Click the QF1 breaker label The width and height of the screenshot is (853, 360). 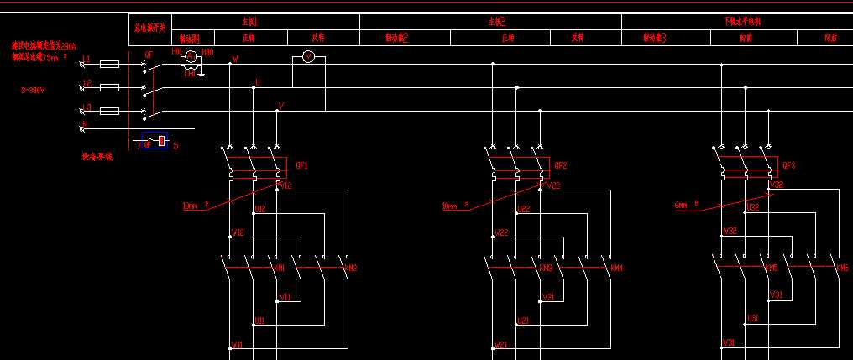click(x=302, y=165)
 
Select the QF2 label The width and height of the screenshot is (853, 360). click(x=561, y=165)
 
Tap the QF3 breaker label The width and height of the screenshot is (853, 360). click(x=788, y=165)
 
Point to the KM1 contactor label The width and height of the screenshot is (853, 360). click(x=280, y=269)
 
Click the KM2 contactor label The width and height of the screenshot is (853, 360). click(x=351, y=269)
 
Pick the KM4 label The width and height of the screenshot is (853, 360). click(x=616, y=269)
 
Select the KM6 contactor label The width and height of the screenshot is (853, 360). click(x=842, y=269)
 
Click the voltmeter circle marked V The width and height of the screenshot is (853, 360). click(x=308, y=56)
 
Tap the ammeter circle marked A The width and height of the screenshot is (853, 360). click(x=190, y=56)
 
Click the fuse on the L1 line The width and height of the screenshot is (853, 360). click(x=109, y=64)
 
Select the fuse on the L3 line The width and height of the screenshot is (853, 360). click(x=109, y=111)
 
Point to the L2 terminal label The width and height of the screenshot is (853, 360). click(x=86, y=83)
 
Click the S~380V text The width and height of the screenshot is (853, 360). click(x=34, y=88)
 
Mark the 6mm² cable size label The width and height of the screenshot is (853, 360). click(x=686, y=204)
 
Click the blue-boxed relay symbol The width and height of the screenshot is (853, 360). click(x=155, y=142)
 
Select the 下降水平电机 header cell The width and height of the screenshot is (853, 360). click(x=742, y=21)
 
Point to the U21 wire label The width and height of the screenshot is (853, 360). click(x=522, y=321)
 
